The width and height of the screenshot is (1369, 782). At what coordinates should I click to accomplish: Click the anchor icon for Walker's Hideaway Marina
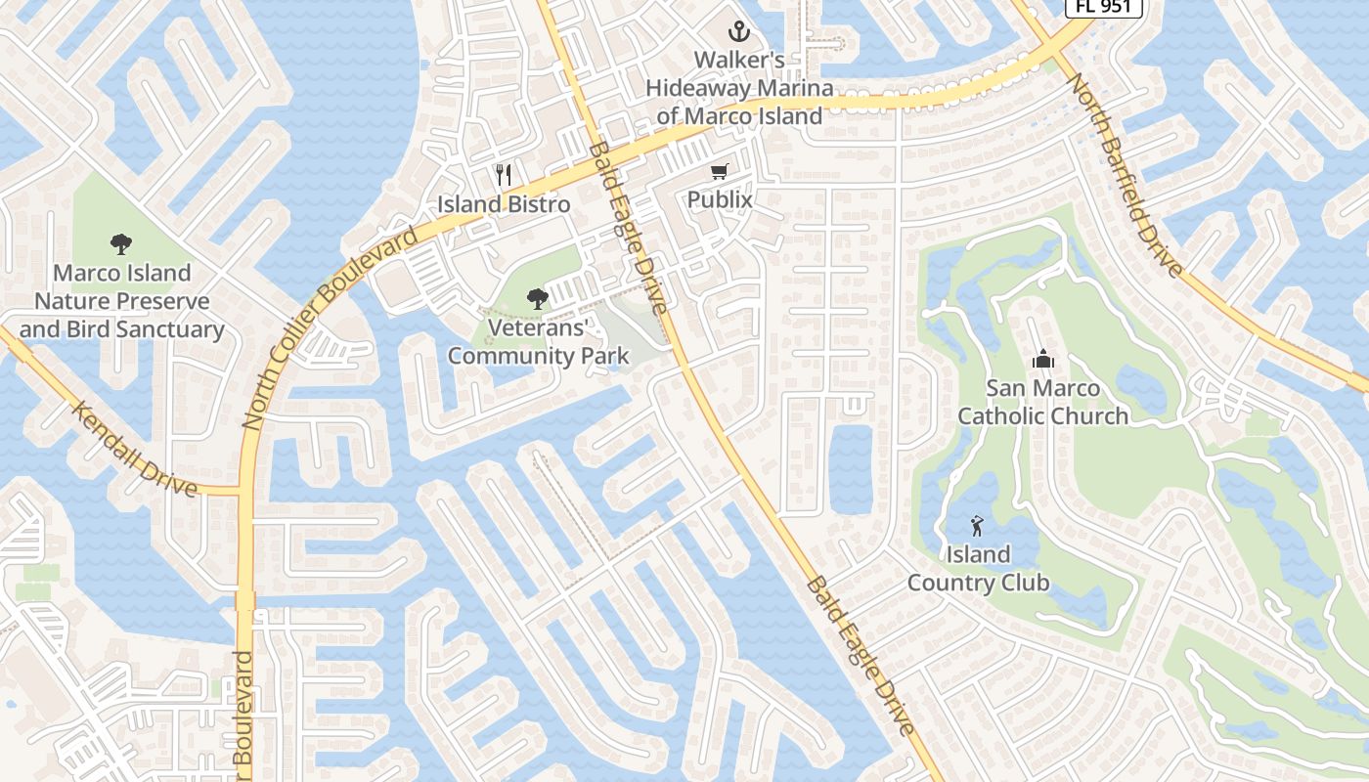point(740,32)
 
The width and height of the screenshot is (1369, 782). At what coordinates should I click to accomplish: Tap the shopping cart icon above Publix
point(720,172)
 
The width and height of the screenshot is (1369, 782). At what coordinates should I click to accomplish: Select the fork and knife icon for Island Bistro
point(504,176)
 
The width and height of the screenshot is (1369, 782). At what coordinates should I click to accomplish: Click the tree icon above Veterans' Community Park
point(537,299)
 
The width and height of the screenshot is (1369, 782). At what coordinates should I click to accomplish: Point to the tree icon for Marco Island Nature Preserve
point(121,243)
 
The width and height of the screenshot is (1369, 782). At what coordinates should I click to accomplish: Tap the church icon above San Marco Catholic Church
point(1043,359)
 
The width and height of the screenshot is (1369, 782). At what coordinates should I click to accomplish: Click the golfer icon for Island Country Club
point(978,527)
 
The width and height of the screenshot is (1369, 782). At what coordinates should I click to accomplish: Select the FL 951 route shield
point(1103,6)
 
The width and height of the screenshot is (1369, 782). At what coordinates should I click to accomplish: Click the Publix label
point(720,200)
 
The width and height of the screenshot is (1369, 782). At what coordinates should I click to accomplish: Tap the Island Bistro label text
point(504,204)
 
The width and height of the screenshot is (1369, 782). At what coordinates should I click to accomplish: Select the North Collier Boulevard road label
point(331,327)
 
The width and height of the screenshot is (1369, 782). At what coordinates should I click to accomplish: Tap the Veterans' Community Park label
point(538,341)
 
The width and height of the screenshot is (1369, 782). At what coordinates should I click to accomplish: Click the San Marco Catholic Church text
point(1043,402)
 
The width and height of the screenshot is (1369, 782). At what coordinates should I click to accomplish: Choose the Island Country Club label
point(978,569)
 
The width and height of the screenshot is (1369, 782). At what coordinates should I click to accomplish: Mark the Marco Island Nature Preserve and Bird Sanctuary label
point(122,301)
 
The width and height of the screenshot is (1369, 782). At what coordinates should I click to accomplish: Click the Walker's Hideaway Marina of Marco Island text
point(740,88)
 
